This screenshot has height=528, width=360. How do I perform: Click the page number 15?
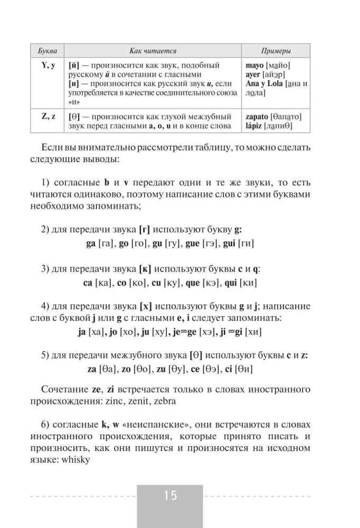[170, 496]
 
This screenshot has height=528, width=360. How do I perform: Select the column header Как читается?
[153, 51]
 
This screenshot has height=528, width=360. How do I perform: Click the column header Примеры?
[276, 51]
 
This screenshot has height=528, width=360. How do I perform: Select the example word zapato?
[257, 117]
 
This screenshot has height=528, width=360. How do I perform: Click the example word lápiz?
[254, 126]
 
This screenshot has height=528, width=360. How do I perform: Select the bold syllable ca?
[88, 283]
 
